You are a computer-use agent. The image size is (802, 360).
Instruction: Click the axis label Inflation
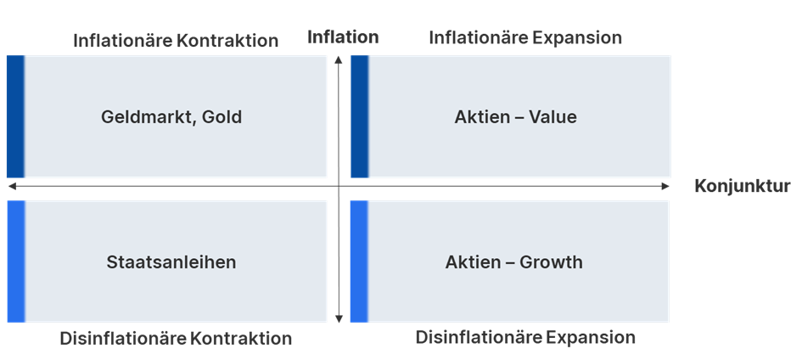(x=343, y=37)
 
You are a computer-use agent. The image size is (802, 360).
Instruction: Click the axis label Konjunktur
(x=743, y=187)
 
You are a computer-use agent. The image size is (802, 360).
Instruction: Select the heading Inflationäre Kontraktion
(x=176, y=41)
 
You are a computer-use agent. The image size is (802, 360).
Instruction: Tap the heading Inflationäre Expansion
(x=524, y=38)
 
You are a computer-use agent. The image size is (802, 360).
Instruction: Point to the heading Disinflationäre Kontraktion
(x=176, y=339)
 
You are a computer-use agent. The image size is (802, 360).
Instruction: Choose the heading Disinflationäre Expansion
(x=524, y=337)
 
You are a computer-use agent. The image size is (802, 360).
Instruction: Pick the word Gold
(x=222, y=117)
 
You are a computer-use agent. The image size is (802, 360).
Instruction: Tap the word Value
(x=552, y=117)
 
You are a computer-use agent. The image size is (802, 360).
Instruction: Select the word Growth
(x=552, y=262)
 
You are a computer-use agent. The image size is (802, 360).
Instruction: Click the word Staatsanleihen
(x=171, y=262)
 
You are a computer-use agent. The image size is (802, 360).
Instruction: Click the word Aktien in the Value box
(x=481, y=117)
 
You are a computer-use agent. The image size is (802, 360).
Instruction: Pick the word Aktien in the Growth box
(x=473, y=262)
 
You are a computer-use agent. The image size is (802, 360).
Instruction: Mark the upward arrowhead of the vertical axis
(x=339, y=59)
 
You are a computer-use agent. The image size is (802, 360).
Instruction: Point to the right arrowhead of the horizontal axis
(x=666, y=186)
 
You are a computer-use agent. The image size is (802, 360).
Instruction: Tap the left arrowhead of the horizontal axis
(x=10, y=186)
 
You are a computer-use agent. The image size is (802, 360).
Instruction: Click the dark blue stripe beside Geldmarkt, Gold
(x=14, y=116)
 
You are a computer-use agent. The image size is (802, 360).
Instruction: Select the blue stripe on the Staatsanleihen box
(x=14, y=262)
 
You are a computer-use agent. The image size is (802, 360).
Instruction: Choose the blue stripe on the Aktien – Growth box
(x=358, y=262)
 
